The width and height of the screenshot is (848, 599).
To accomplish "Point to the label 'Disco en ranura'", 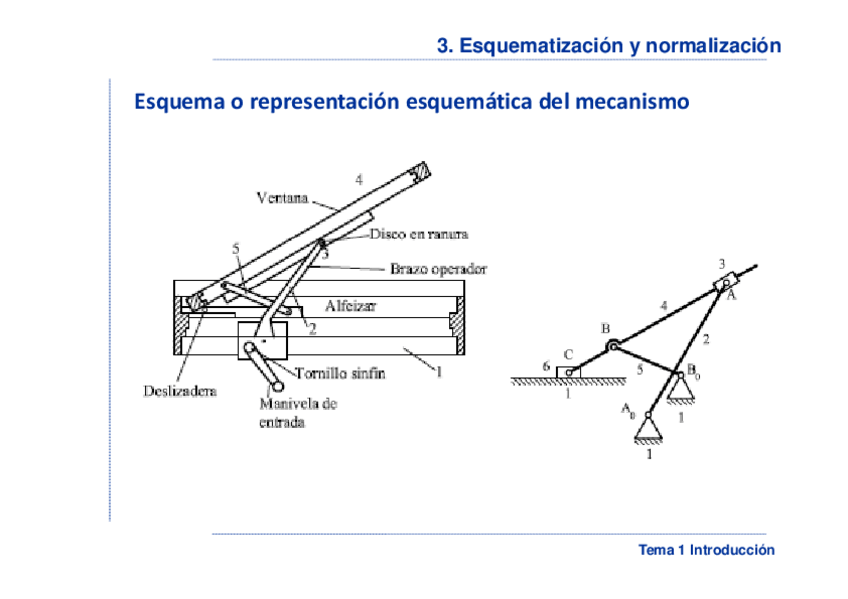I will coord(419,234).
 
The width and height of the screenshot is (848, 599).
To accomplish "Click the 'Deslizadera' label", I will coord(176,391).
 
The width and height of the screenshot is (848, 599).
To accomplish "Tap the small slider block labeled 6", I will coord(568,372).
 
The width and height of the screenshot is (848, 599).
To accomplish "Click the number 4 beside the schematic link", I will coord(663,304).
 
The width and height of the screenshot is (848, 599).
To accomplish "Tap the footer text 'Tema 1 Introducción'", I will coord(706,550).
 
